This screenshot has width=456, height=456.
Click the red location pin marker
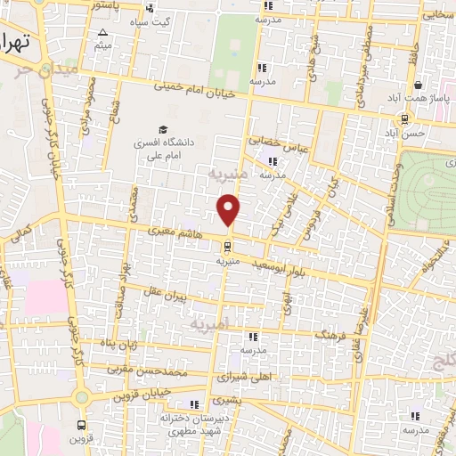(230, 209)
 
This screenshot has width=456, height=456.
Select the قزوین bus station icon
(83, 425)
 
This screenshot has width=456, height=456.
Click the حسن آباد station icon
(405, 118)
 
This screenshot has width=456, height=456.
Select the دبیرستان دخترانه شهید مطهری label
(195, 423)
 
